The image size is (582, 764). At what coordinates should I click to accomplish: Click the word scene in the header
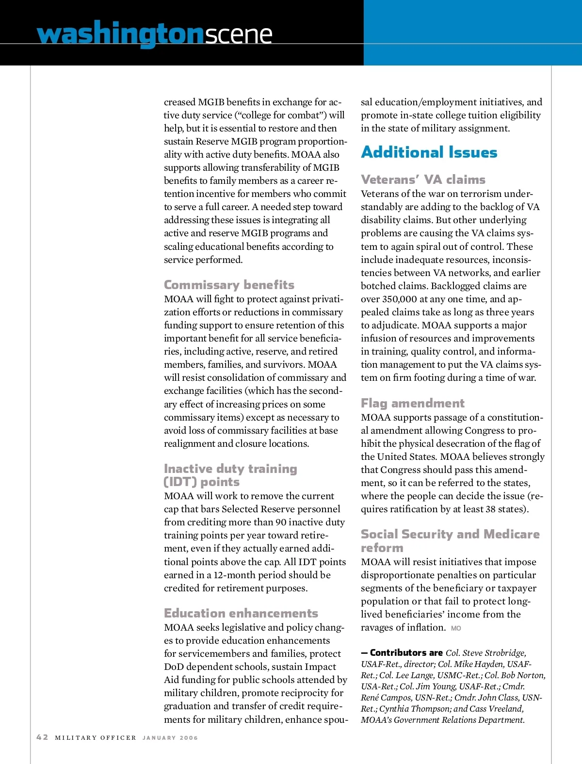238,34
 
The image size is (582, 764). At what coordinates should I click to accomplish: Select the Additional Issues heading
429,152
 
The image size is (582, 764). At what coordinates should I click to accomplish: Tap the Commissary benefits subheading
229,285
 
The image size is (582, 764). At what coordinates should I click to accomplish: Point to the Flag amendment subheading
412,403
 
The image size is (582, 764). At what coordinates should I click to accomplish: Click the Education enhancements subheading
241,613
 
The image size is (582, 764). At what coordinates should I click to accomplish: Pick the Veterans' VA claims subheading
423,179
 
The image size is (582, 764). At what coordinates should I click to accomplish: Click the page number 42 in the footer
42,737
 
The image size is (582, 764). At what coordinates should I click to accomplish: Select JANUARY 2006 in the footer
170,738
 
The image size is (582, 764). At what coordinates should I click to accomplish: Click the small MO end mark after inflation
456,628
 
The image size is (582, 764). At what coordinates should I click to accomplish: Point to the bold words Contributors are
406,653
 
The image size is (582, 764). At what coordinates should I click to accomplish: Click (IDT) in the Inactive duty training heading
181,482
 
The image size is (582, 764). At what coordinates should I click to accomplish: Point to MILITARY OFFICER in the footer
96,738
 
